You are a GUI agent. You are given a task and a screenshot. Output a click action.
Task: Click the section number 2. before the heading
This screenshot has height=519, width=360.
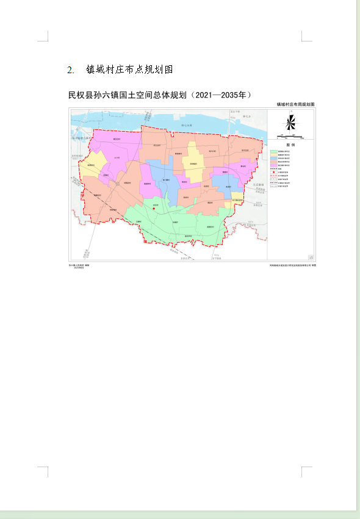pos(71,70)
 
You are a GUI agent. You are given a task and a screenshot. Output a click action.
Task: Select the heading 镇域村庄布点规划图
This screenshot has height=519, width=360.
pos(130,70)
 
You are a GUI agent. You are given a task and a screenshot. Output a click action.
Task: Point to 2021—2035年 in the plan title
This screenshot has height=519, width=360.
pos(221,95)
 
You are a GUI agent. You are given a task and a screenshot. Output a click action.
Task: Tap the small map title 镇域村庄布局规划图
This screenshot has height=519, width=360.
pos(296,105)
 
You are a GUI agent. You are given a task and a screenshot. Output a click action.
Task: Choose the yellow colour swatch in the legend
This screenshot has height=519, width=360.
pos(273,156)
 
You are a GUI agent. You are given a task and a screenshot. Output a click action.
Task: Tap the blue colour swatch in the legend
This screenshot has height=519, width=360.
pos(273,160)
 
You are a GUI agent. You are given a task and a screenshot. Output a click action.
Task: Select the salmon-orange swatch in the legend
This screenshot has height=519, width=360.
pos(273,165)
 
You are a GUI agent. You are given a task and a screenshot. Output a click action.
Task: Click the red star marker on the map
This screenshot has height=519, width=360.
pos(154,209)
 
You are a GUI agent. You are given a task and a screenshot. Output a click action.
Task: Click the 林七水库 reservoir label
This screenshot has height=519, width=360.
pos(187,125)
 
